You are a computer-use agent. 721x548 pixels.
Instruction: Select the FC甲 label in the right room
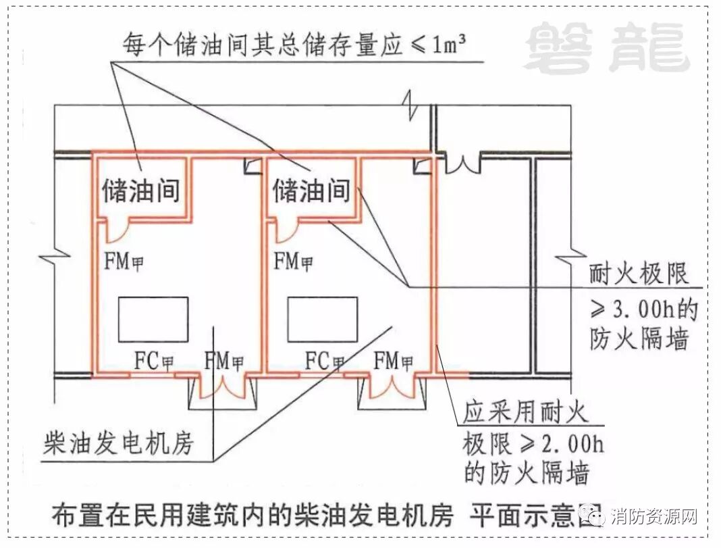pyautogui.click(x=325, y=361)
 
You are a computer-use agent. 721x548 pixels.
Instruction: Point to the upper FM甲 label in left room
pyautogui.click(x=125, y=261)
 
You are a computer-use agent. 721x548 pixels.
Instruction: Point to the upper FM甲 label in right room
pyautogui.click(x=294, y=261)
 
